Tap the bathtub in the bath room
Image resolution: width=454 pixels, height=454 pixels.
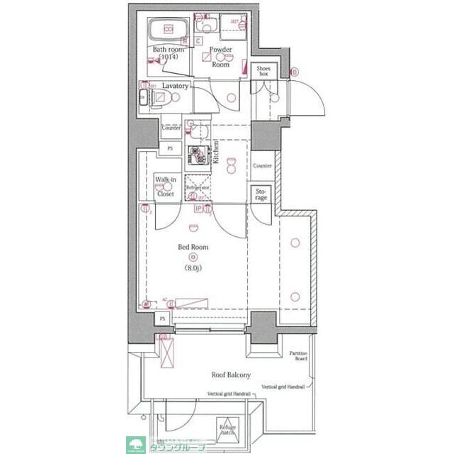click(168, 30)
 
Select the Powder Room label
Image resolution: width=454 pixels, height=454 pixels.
click(220, 57)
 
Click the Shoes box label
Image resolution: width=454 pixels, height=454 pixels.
click(263, 70)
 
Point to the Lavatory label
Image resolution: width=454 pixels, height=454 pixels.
click(175, 86)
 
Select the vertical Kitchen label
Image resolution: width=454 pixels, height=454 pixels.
click(215, 152)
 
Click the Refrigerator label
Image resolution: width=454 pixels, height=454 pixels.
click(198, 187)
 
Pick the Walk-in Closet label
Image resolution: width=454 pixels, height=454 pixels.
click(165, 186)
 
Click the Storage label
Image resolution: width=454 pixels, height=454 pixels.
click(261, 194)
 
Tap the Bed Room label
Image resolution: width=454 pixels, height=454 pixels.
click(192, 246)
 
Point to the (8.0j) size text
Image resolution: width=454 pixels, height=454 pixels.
click(193, 267)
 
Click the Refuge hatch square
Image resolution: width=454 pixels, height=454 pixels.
click(227, 428)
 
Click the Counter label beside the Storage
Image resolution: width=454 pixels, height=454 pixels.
click(262, 165)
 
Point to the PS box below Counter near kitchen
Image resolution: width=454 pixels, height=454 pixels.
click(169, 148)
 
